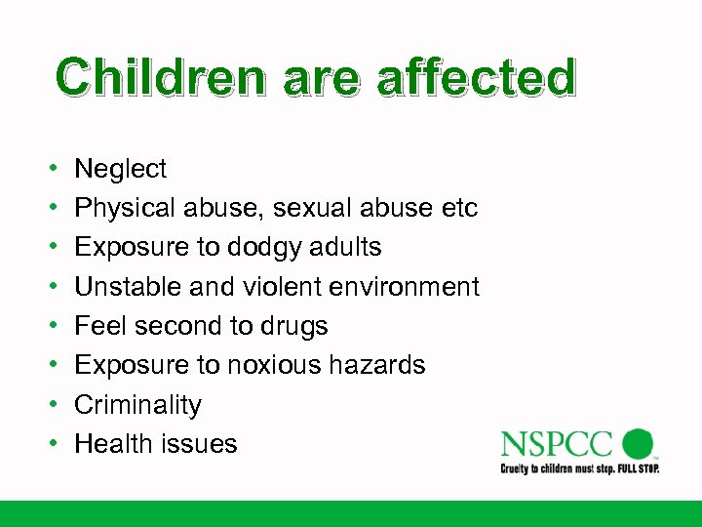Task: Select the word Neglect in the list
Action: point(121,170)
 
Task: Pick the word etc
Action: point(456,208)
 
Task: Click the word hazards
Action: point(381,365)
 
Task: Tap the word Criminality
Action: point(137,404)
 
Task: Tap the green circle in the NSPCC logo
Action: point(638,443)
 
